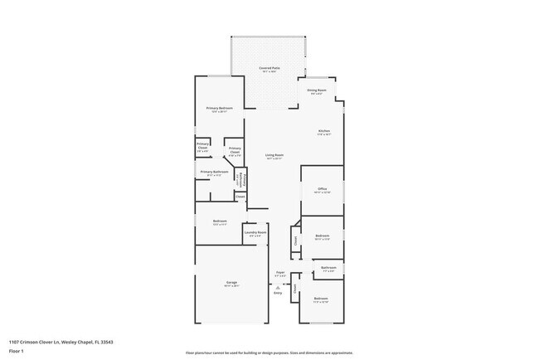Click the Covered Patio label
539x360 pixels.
click(x=268, y=67)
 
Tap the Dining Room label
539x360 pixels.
click(x=317, y=90)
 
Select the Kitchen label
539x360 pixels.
click(x=324, y=131)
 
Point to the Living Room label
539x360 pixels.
click(x=274, y=155)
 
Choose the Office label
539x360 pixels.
click(x=322, y=189)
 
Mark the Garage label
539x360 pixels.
click(x=231, y=282)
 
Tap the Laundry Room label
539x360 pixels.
click(x=255, y=233)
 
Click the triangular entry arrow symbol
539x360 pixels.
click(x=277, y=286)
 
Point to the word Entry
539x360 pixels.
click(x=278, y=293)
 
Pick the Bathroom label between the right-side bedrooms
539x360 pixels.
click(x=328, y=267)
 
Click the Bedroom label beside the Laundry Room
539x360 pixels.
click(x=220, y=221)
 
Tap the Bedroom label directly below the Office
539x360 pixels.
click(x=323, y=236)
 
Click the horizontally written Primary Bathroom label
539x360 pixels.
click(x=214, y=172)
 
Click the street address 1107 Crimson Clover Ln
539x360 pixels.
click(x=36, y=341)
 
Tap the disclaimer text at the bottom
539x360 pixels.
click(x=269, y=352)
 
